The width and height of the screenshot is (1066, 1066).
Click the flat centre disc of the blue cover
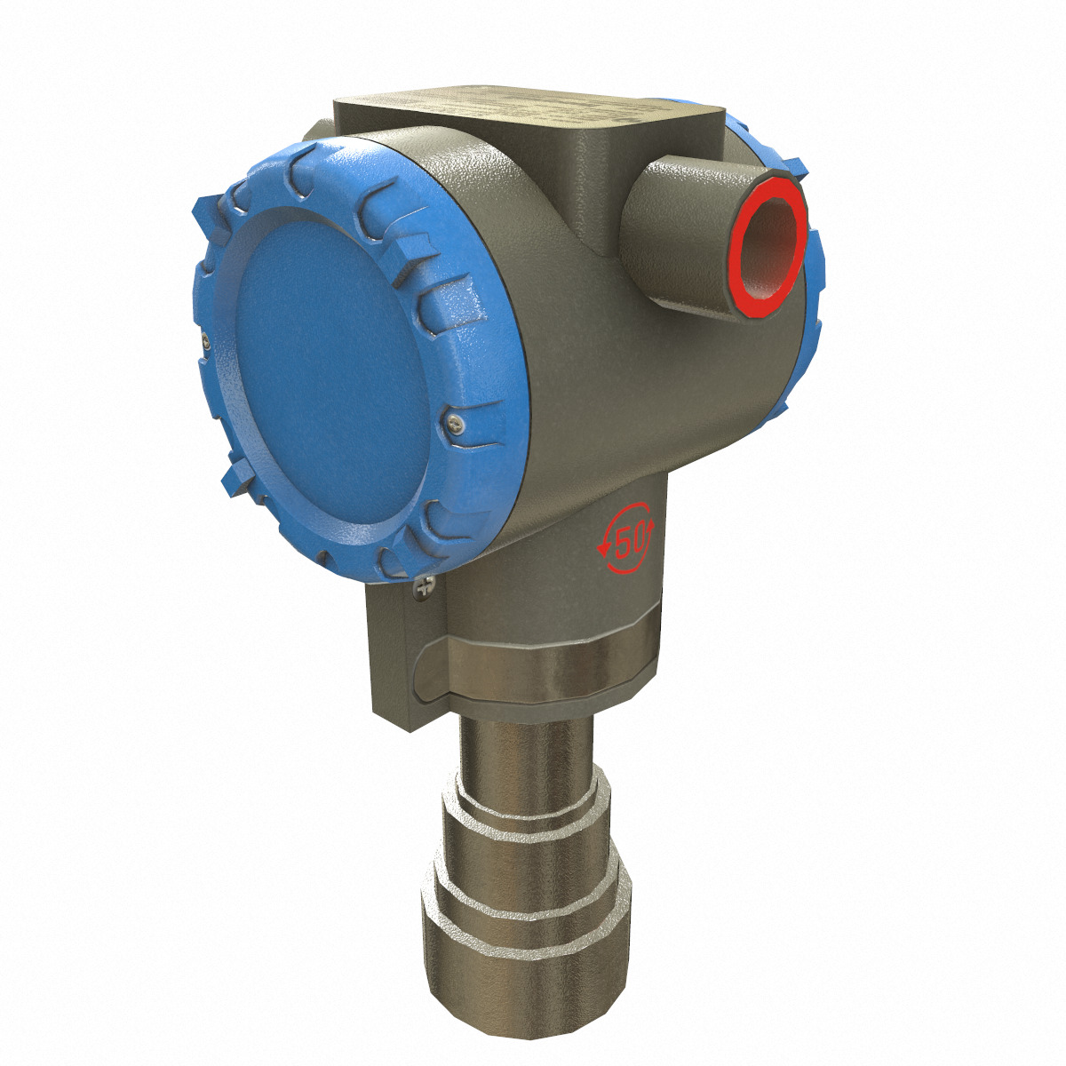point(329,373)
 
